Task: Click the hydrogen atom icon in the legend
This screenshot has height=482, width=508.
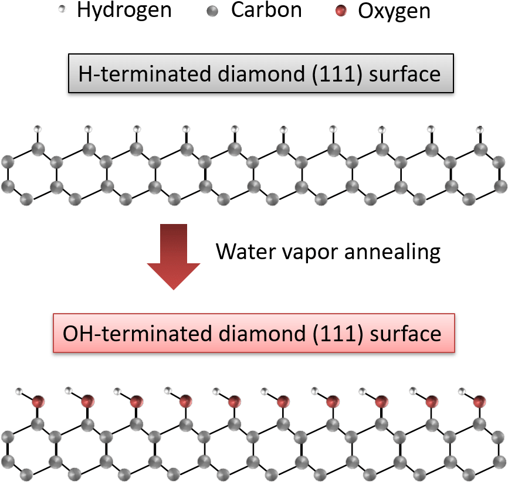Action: (x=62, y=9)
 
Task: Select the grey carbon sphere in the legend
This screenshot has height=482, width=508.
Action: (x=212, y=12)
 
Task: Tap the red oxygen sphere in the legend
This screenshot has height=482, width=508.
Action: (x=341, y=11)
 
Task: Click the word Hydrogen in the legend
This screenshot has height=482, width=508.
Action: (x=124, y=11)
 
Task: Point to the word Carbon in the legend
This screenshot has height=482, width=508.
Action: (x=266, y=10)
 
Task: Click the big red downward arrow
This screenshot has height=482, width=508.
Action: (x=174, y=257)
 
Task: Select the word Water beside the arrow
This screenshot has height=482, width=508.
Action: (x=245, y=252)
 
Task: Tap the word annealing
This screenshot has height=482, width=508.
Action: (x=392, y=252)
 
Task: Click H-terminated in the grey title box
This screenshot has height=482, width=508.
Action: (x=145, y=73)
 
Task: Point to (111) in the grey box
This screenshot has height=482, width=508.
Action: (x=337, y=74)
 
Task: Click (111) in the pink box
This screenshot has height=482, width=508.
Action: (x=338, y=334)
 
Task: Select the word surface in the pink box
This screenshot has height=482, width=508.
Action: (x=405, y=334)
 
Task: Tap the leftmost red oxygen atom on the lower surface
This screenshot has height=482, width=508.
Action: (x=38, y=401)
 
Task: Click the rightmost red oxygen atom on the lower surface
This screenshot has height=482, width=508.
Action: (x=479, y=401)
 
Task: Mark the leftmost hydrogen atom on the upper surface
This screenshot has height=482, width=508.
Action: (x=38, y=129)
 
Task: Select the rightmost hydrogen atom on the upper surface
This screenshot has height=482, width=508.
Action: (x=480, y=130)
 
